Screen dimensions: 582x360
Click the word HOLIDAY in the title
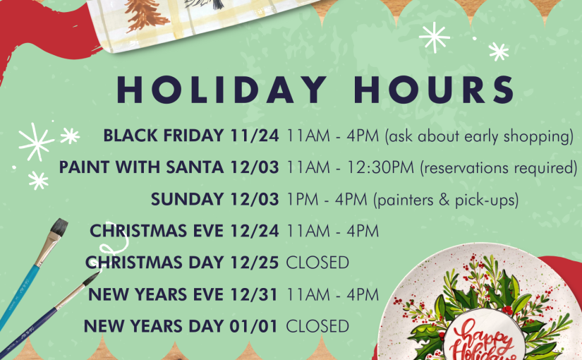tap(222, 90)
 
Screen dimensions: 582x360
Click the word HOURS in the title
tap(434, 90)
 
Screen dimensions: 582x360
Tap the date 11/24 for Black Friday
tap(254, 136)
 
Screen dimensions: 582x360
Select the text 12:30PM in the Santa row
tap(380, 167)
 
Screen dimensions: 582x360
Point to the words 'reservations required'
tap(499, 168)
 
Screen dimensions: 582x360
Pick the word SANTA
tap(195, 167)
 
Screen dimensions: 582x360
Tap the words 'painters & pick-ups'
tap(446, 200)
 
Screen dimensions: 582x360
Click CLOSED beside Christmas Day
tap(317, 263)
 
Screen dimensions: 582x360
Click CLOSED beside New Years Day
tap(317, 326)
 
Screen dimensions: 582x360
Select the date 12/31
tap(254, 294)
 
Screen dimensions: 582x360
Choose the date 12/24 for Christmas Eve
tap(254, 231)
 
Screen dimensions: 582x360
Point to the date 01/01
tap(253, 326)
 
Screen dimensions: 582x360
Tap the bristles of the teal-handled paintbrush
tap(59, 227)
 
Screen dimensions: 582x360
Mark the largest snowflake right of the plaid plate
tap(434, 37)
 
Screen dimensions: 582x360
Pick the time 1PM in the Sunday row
tap(302, 200)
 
